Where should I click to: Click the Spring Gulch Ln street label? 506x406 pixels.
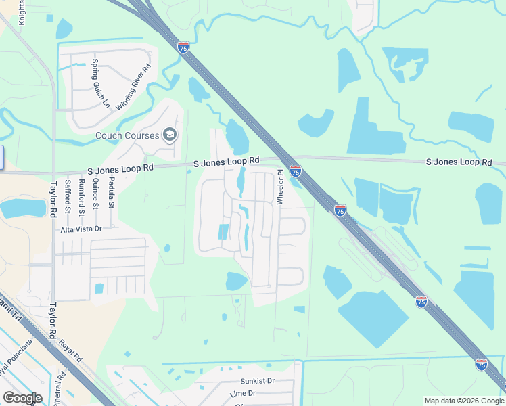[99, 83]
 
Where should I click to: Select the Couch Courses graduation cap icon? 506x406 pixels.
[169, 135]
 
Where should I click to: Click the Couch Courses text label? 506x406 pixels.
[127, 135]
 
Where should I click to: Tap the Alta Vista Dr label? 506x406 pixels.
[81, 229]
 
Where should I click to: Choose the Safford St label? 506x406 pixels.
[67, 196]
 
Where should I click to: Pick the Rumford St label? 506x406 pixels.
[80, 196]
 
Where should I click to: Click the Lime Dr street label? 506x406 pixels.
[242, 393]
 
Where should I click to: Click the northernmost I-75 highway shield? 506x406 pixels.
[183, 47]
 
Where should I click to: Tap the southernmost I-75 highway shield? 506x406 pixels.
[482, 364]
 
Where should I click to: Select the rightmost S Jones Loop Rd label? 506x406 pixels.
[459, 162]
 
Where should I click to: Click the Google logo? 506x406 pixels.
[22, 398]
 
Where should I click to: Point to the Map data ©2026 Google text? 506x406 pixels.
[463, 401]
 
